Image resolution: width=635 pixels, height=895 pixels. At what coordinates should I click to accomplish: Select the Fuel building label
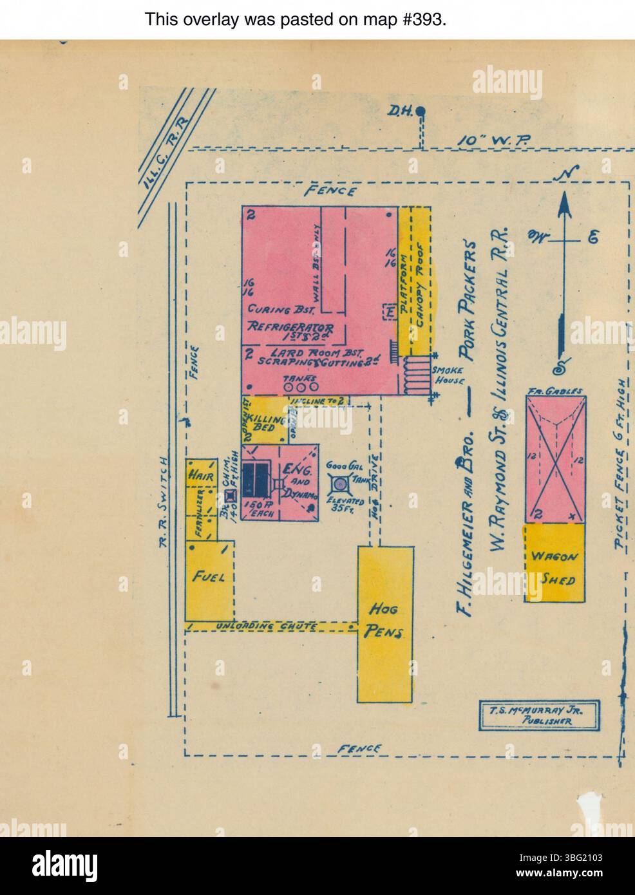pyautogui.click(x=209, y=577)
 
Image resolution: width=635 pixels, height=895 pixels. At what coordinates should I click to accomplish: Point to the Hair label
pyautogui.click(x=197, y=475)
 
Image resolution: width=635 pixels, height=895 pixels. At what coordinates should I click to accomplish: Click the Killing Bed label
pyautogui.click(x=267, y=426)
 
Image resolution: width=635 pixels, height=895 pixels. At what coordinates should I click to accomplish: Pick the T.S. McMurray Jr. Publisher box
pyautogui.click(x=539, y=715)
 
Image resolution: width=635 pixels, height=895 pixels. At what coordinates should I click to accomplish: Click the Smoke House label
pyautogui.click(x=448, y=375)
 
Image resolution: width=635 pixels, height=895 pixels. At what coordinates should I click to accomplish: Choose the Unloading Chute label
pyautogui.click(x=267, y=626)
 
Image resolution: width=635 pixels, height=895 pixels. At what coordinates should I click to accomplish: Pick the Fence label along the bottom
pyautogui.click(x=359, y=748)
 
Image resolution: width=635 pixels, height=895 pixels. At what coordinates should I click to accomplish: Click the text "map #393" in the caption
pyautogui.click(x=406, y=19)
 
